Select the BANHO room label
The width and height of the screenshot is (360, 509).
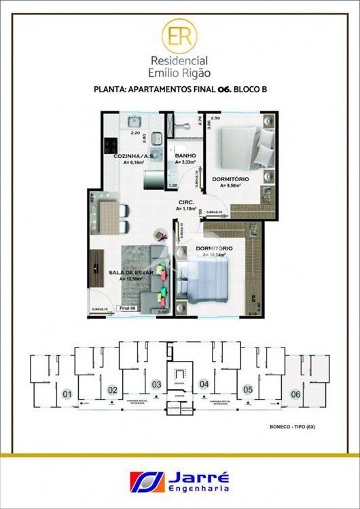pyautogui.click(x=185, y=155)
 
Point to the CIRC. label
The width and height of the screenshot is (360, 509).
pyautogui.click(x=187, y=202)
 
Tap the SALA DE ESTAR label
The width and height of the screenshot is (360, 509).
pyautogui.click(x=128, y=272)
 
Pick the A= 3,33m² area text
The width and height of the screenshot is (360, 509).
pyautogui.click(x=186, y=163)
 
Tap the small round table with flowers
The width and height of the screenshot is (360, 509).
pyautogui.click(x=161, y=235)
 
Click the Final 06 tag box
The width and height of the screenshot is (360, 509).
pyautogui.click(x=128, y=308)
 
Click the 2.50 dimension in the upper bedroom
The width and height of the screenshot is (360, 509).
pyautogui.click(x=215, y=118)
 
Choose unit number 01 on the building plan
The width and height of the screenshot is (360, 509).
pyautogui.click(x=67, y=394)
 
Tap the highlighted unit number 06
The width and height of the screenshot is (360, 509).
pyautogui.click(x=295, y=394)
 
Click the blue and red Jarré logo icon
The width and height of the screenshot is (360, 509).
pyautogui.click(x=145, y=481)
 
